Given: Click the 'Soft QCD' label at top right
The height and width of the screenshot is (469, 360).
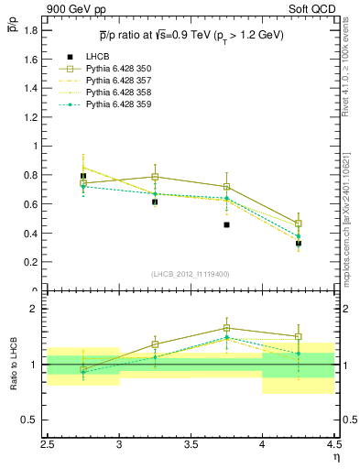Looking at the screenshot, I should (315, 10).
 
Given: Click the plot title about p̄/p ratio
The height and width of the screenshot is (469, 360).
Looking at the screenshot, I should (191, 35).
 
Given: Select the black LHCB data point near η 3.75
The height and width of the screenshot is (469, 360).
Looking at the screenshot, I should (226, 224).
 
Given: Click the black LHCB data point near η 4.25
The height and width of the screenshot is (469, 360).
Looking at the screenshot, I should (298, 244).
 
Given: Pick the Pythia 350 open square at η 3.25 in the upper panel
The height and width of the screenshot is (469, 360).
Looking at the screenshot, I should (155, 177).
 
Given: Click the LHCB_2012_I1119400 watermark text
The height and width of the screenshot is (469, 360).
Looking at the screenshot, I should (191, 274).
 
